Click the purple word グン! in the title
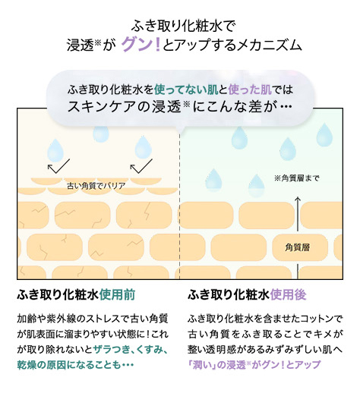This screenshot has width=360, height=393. click(141, 45)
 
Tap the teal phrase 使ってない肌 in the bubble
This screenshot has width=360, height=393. click(186, 90)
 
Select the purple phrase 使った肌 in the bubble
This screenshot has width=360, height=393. click(250, 90)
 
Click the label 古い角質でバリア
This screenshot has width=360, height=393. click(96, 186)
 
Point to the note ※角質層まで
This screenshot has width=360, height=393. click(296, 178)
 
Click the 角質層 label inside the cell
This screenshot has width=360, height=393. click(298, 247)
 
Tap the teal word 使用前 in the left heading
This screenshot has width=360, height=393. click(117, 294)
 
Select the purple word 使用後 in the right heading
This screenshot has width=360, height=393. click(289, 294)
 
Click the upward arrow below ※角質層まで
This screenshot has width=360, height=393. click(298, 214)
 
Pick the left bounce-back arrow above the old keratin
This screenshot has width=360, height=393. click(58, 166)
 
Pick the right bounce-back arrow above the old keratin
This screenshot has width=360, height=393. click(141, 166)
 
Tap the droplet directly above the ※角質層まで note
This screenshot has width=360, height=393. click(288, 149)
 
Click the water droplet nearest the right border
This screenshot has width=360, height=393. click(324, 134)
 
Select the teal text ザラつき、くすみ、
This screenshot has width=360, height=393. click(131, 349)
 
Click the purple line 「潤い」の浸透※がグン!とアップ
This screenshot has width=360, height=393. click(254, 364)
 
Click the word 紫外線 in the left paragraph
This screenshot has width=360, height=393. click(61, 319)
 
